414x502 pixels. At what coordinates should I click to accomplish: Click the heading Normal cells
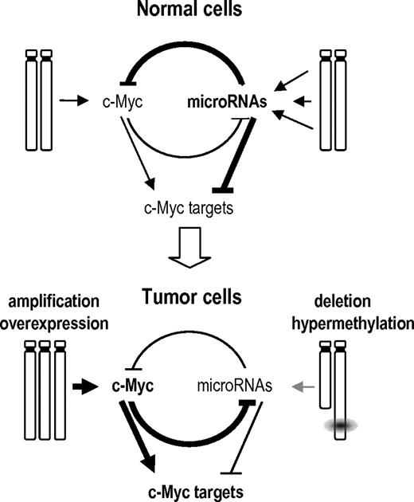pos(206,12)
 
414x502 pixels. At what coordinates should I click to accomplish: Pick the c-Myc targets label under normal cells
pos(186,210)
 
